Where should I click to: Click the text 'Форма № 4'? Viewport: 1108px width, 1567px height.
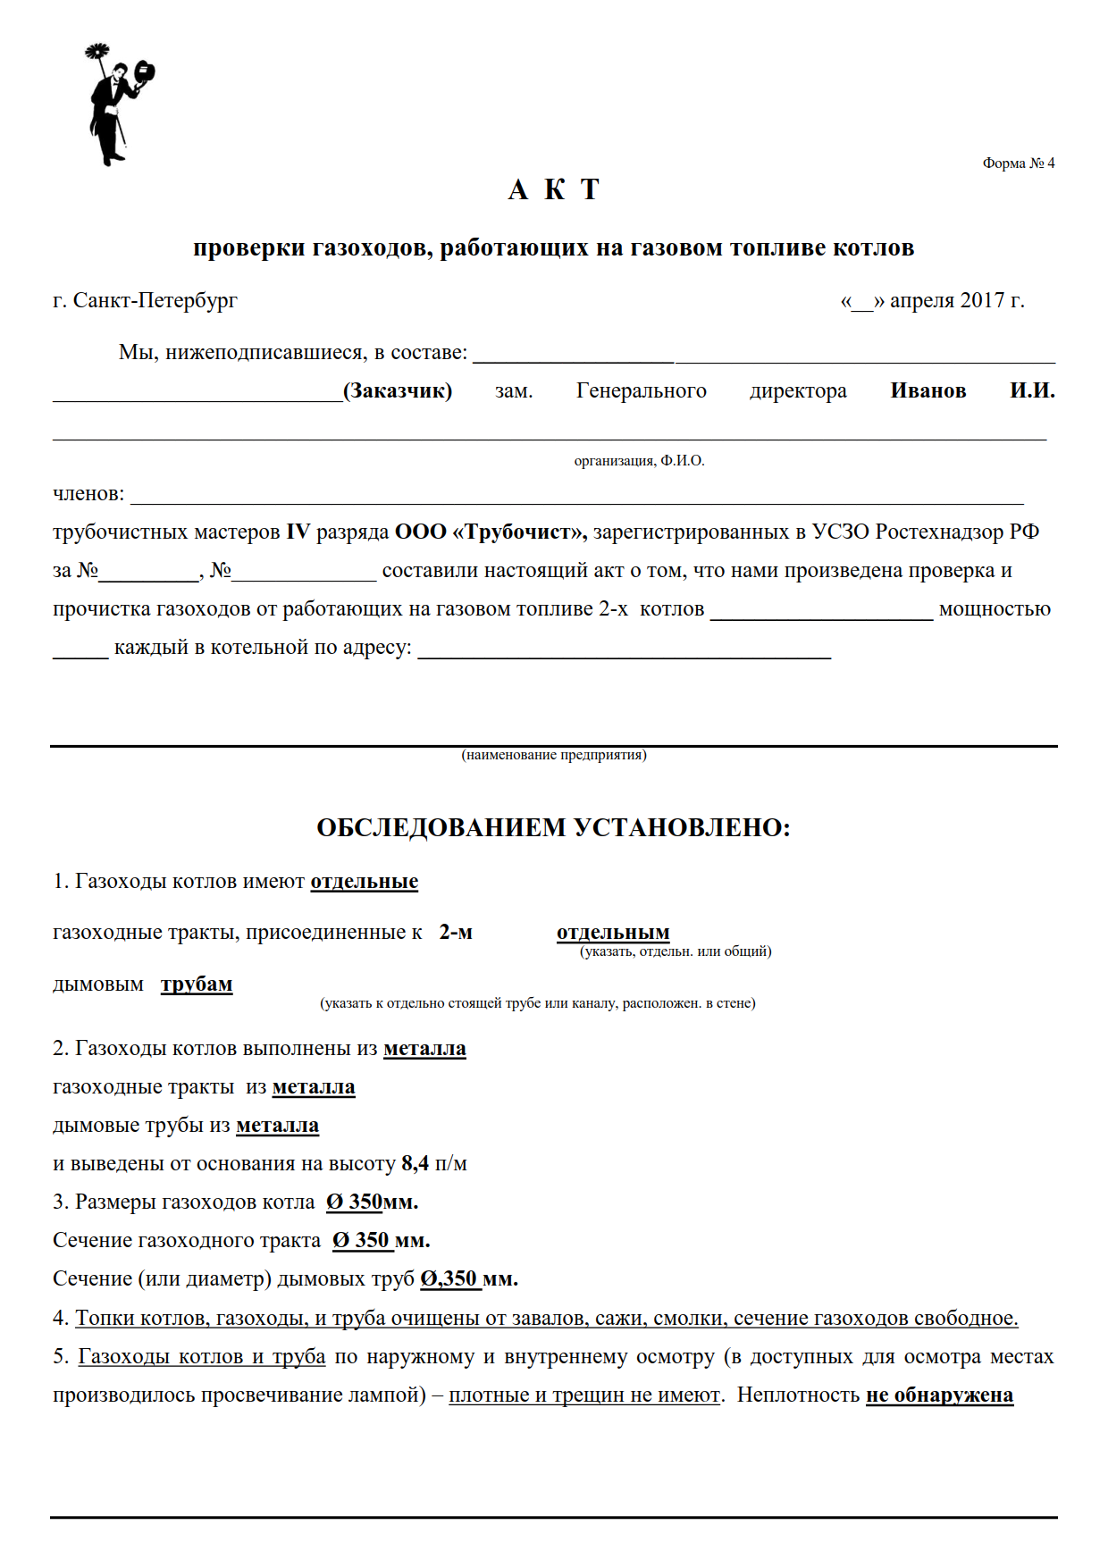1018,163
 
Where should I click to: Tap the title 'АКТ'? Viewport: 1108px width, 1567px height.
553,190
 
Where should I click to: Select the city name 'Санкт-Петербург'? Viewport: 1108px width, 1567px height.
155,300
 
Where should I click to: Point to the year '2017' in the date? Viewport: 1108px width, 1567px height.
982,300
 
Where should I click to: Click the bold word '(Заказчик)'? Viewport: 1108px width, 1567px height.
398,390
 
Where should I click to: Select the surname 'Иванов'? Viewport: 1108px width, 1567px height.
928,390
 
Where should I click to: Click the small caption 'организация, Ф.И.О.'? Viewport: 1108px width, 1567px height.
639,461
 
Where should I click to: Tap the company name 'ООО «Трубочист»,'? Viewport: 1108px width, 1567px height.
491,532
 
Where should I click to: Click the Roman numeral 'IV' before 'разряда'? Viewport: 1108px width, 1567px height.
298,532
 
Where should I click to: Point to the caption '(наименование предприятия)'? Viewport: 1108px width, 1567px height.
554,755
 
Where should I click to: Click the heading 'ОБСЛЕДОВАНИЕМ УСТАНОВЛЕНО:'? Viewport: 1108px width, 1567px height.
553,827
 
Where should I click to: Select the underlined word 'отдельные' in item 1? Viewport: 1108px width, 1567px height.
364,881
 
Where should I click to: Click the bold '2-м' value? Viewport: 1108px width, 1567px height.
456,932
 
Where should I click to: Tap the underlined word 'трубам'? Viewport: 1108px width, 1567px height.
197,984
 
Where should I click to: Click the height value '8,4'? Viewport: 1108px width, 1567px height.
415,1163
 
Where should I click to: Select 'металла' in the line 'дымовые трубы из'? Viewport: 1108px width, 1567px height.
277,1125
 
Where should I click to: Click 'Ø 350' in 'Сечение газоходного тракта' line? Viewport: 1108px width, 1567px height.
361,1240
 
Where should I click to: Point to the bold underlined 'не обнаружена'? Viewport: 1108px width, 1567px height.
939,1395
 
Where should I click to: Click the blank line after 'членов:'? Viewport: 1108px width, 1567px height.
576,497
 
